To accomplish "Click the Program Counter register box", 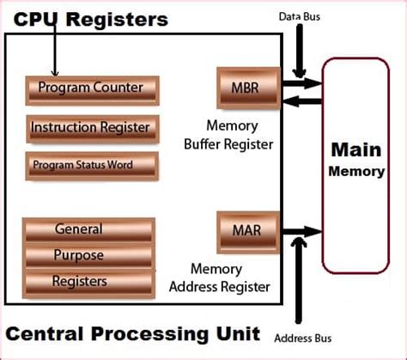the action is (92, 90).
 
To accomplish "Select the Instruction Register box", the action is (93, 129).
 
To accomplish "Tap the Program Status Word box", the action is (92, 166).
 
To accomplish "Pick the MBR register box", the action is (248, 88).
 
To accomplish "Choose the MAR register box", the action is (248, 233).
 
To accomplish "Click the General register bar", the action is (88, 230).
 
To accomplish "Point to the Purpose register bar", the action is (88, 255).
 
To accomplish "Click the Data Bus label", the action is (300, 16).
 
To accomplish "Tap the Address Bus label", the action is (303, 339).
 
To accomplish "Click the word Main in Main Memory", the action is (356, 149).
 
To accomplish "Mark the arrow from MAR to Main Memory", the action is (302, 232).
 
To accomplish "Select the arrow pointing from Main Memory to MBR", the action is (302, 101).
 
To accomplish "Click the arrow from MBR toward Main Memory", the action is (302, 83).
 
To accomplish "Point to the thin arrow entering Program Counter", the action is (55, 49).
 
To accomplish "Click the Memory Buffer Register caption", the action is (228, 135).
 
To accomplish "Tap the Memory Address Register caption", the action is (220, 278).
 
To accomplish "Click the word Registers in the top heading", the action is (117, 20).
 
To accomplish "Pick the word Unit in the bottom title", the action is (238, 333).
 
